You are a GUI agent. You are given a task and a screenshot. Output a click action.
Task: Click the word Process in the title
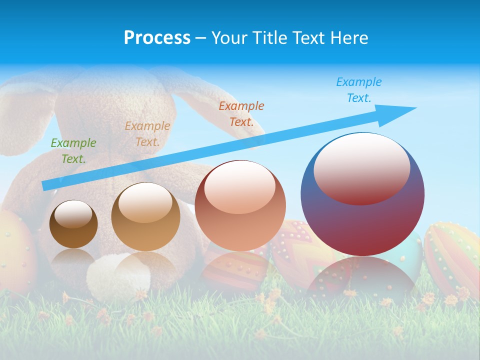[157, 38]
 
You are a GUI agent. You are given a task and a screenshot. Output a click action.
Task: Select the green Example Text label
[73, 150]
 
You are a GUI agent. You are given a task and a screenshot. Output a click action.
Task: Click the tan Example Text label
[147, 133]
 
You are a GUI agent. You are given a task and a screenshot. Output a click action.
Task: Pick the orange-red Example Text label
[241, 113]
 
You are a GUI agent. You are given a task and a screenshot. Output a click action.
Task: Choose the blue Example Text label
[358, 90]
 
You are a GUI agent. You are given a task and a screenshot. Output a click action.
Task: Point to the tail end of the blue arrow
[46, 185]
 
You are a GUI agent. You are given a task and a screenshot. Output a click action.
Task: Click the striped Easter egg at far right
[452, 255]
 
